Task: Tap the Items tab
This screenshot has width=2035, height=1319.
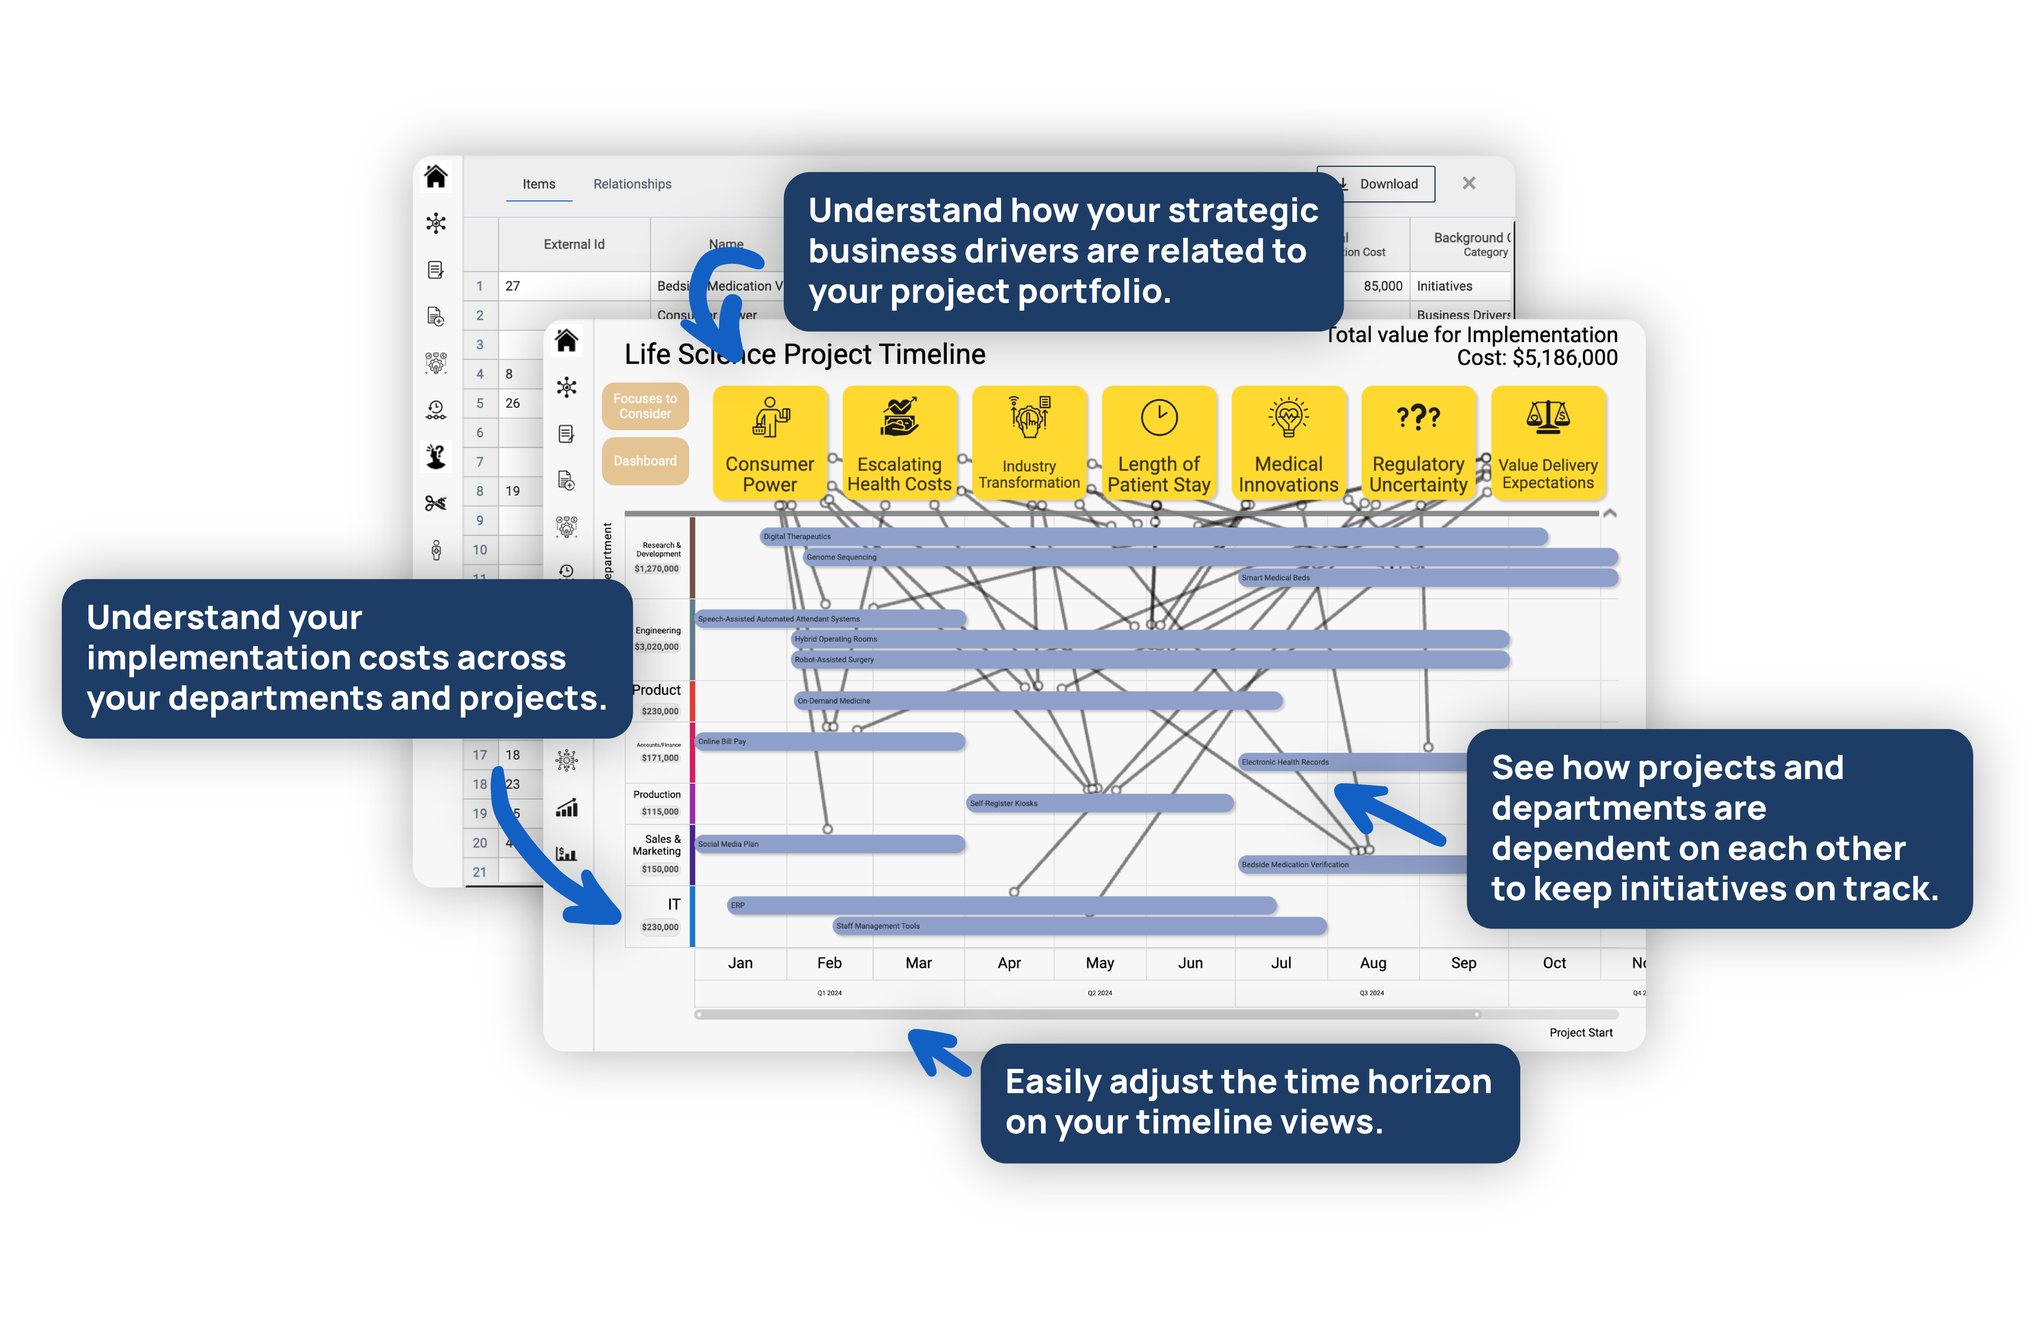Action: (538, 184)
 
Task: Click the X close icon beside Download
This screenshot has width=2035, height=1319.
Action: (1469, 183)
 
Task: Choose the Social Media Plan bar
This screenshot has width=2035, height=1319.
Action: (829, 844)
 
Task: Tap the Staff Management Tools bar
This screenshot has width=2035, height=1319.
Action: (1079, 926)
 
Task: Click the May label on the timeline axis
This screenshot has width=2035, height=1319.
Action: (1100, 963)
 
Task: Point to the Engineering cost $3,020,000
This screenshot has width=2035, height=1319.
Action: (657, 647)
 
